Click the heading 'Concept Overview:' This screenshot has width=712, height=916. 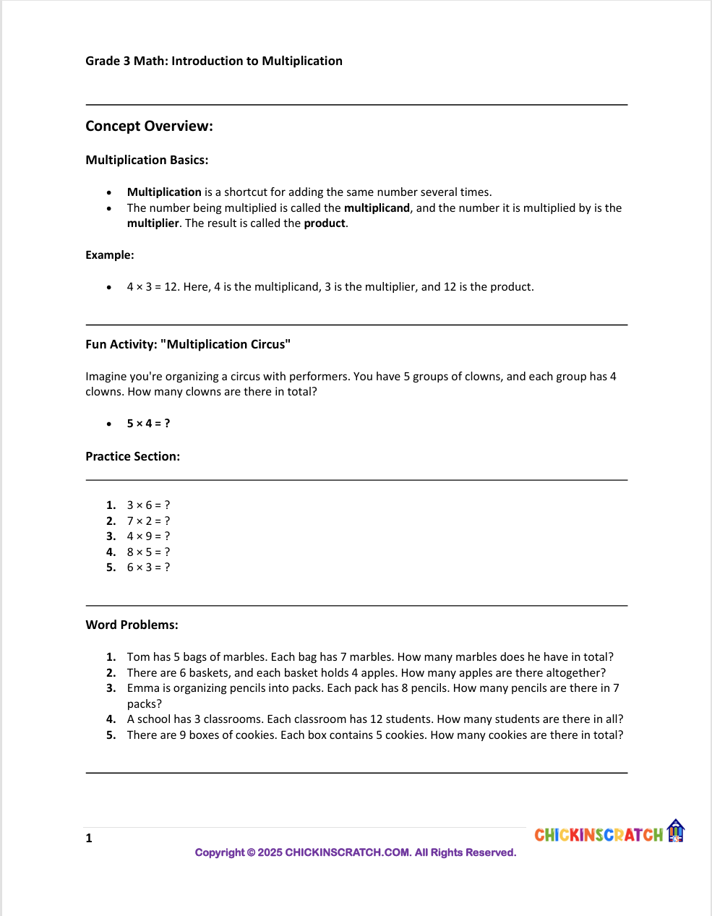tap(149, 126)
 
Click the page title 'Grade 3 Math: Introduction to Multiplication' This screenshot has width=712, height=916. tap(213, 61)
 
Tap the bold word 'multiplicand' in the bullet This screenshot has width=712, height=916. tap(377, 208)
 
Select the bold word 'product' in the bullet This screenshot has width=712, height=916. tap(325, 223)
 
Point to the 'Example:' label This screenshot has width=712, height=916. tap(110, 255)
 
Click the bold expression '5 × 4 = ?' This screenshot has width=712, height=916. tap(148, 424)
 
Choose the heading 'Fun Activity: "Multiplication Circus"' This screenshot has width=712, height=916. tap(188, 344)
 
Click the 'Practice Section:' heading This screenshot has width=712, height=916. tap(132, 456)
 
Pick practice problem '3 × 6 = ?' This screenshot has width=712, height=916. tap(148, 505)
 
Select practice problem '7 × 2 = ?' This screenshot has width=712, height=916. tap(148, 521)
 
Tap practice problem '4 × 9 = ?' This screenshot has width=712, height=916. tap(148, 536)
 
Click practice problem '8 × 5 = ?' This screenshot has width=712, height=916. tap(148, 552)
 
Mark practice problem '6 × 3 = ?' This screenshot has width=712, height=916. tap(148, 568)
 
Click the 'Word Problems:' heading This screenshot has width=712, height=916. tap(132, 625)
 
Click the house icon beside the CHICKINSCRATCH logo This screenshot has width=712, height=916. tap(675, 831)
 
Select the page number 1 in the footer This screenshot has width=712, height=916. tap(89, 839)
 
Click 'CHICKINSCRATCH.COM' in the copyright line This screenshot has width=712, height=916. tap(348, 852)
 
